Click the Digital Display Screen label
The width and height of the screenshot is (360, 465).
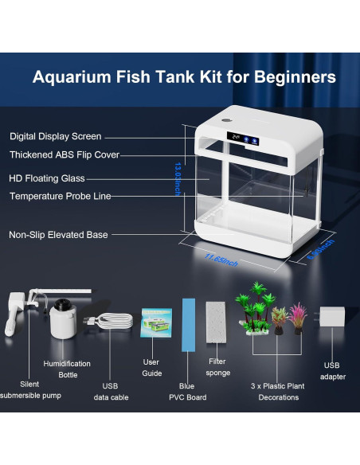[x=55, y=137]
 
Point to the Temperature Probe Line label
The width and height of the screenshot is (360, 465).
[x=60, y=196]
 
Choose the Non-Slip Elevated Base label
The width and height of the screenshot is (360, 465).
[x=58, y=235]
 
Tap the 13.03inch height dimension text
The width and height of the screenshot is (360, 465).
[x=179, y=179]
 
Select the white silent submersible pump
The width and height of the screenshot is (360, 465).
[x=16, y=315]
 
